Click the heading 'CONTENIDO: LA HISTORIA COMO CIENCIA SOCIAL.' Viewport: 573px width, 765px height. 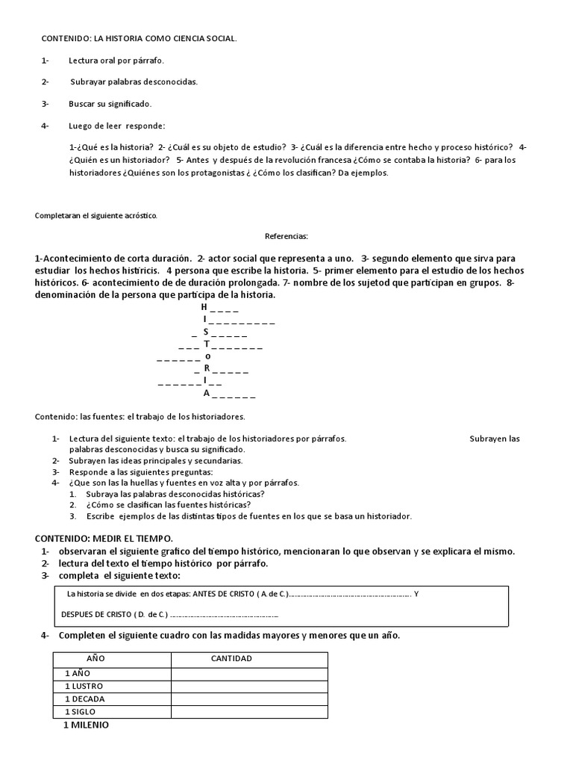(x=138, y=38)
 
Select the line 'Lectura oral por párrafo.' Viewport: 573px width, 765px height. (x=116, y=61)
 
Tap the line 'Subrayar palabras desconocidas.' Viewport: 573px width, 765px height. (x=134, y=82)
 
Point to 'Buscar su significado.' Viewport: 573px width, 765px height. (x=110, y=104)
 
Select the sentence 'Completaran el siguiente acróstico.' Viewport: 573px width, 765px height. (x=96, y=215)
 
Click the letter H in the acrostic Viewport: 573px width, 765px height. (x=204, y=307)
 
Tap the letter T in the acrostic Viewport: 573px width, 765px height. (x=207, y=344)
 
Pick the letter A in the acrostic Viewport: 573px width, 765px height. (x=207, y=393)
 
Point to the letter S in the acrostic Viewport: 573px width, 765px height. (x=206, y=332)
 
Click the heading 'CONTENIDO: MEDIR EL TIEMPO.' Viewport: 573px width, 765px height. (x=104, y=539)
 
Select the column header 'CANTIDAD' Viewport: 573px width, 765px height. (x=231, y=659)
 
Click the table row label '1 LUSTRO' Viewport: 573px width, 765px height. (x=84, y=686)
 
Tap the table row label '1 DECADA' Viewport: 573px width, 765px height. (x=85, y=699)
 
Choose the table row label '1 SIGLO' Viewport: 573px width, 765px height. (x=81, y=712)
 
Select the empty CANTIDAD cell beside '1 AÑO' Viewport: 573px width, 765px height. (x=249, y=673)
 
